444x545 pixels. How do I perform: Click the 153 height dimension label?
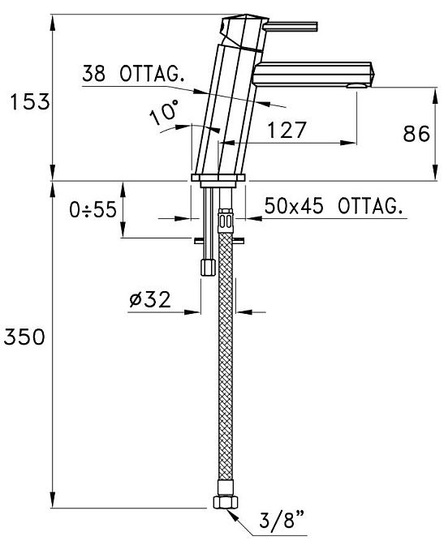(30, 102)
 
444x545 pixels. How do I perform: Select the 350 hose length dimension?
(24, 337)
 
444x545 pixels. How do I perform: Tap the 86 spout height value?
(416, 134)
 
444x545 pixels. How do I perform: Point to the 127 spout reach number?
(287, 130)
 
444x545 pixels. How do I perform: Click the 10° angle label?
(164, 112)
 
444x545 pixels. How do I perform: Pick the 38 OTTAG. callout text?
(133, 73)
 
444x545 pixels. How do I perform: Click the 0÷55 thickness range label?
(93, 209)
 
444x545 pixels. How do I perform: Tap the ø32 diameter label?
(150, 299)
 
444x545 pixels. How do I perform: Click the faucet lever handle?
(291, 27)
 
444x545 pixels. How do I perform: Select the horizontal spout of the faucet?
(313, 74)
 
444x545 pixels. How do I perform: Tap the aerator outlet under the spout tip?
(356, 86)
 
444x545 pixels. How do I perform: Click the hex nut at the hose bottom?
(226, 502)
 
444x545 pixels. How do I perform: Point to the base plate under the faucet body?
(218, 178)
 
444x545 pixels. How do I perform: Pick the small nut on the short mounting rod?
(208, 268)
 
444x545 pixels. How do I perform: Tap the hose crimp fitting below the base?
(225, 221)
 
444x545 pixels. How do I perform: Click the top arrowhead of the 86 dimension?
(435, 95)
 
